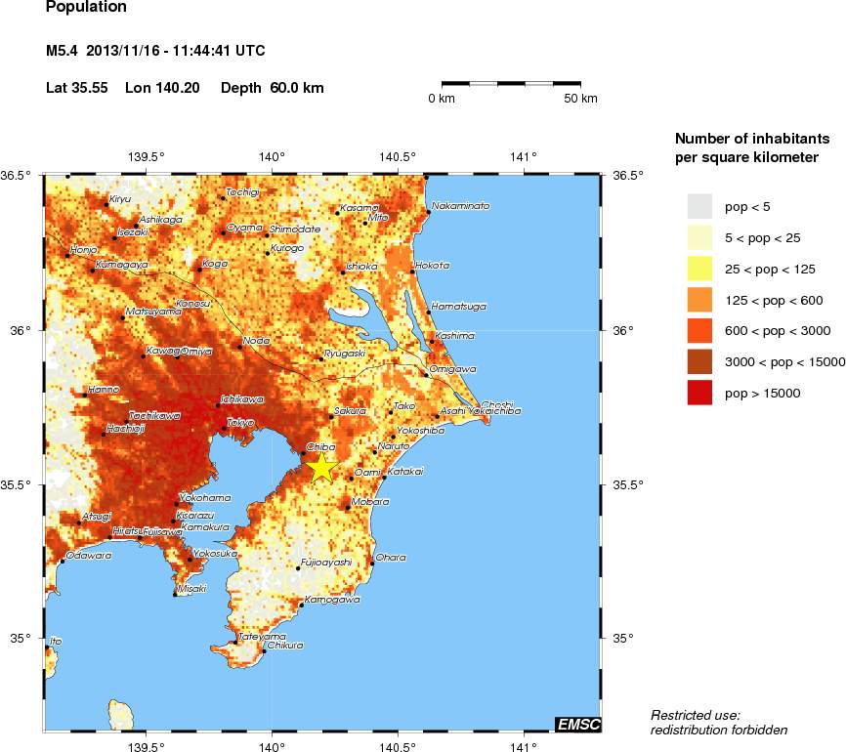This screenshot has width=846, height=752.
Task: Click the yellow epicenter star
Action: tap(321, 468)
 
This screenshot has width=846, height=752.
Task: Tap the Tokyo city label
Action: tap(240, 423)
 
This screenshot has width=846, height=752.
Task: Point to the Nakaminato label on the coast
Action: tap(461, 206)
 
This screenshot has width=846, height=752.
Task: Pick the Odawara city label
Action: tap(89, 555)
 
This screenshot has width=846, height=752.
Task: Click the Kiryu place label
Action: tap(119, 198)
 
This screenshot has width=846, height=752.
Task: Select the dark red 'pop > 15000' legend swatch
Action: tap(700, 393)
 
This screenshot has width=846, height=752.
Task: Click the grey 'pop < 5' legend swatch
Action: tap(700, 206)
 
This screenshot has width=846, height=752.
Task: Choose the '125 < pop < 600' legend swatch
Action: tap(700, 300)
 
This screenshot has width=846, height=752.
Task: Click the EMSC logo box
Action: tap(577, 724)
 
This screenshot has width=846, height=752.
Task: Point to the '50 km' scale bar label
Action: tap(581, 99)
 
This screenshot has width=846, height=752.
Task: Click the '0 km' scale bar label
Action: tap(442, 99)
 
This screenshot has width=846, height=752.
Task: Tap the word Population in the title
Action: tap(86, 8)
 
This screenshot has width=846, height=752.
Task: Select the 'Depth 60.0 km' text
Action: tap(273, 88)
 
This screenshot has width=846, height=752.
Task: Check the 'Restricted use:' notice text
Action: tap(695, 715)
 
